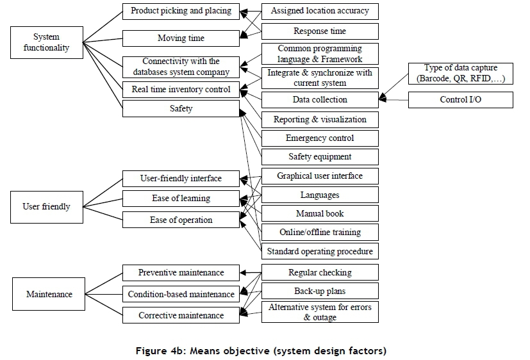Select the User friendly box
46,207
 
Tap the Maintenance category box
49,294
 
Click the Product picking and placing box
181,11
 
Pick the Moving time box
181,38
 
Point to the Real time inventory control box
181,89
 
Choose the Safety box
181,109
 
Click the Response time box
319,31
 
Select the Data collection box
319,100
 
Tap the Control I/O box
460,100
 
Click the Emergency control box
319,138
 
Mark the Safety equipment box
319,157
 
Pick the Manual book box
319,213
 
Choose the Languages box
319,195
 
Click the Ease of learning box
181,199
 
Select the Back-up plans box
319,291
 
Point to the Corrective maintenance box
181,315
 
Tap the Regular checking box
319,272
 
